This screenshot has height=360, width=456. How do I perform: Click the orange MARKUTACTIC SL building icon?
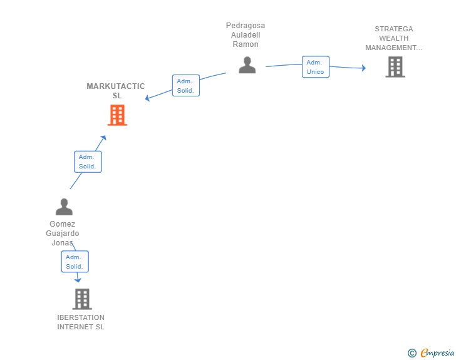click(117, 115)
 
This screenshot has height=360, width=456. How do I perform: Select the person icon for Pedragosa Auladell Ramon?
click(247, 65)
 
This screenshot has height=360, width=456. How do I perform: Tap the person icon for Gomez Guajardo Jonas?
click(64, 207)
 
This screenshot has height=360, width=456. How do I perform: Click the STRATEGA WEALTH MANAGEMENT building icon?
click(395, 67)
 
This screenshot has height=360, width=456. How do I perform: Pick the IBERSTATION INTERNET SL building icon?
click(81, 299)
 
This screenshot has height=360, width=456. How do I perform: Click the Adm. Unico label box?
click(315, 67)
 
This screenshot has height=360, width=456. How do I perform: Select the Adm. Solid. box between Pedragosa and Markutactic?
click(185, 86)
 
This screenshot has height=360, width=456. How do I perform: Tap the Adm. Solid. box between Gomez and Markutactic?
click(88, 162)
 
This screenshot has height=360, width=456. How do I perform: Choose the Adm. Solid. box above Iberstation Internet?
click(75, 262)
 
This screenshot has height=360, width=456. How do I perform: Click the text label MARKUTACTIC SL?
click(116, 91)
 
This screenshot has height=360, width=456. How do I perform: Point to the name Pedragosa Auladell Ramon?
click(246, 35)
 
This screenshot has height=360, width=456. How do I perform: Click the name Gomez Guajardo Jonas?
click(63, 234)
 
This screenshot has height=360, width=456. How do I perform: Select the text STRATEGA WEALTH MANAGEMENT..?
click(394, 38)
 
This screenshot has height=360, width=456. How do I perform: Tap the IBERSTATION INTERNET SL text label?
click(81, 322)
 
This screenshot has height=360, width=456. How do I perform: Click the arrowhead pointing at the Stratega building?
click(363, 68)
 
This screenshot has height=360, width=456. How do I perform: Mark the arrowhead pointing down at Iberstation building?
click(78, 280)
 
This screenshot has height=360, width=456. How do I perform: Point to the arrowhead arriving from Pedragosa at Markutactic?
click(147, 98)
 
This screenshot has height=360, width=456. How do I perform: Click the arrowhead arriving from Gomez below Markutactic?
click(103, 138)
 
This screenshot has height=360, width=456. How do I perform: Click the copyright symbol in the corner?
click(412, 353)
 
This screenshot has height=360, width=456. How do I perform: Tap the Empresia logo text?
click(437, 353)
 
